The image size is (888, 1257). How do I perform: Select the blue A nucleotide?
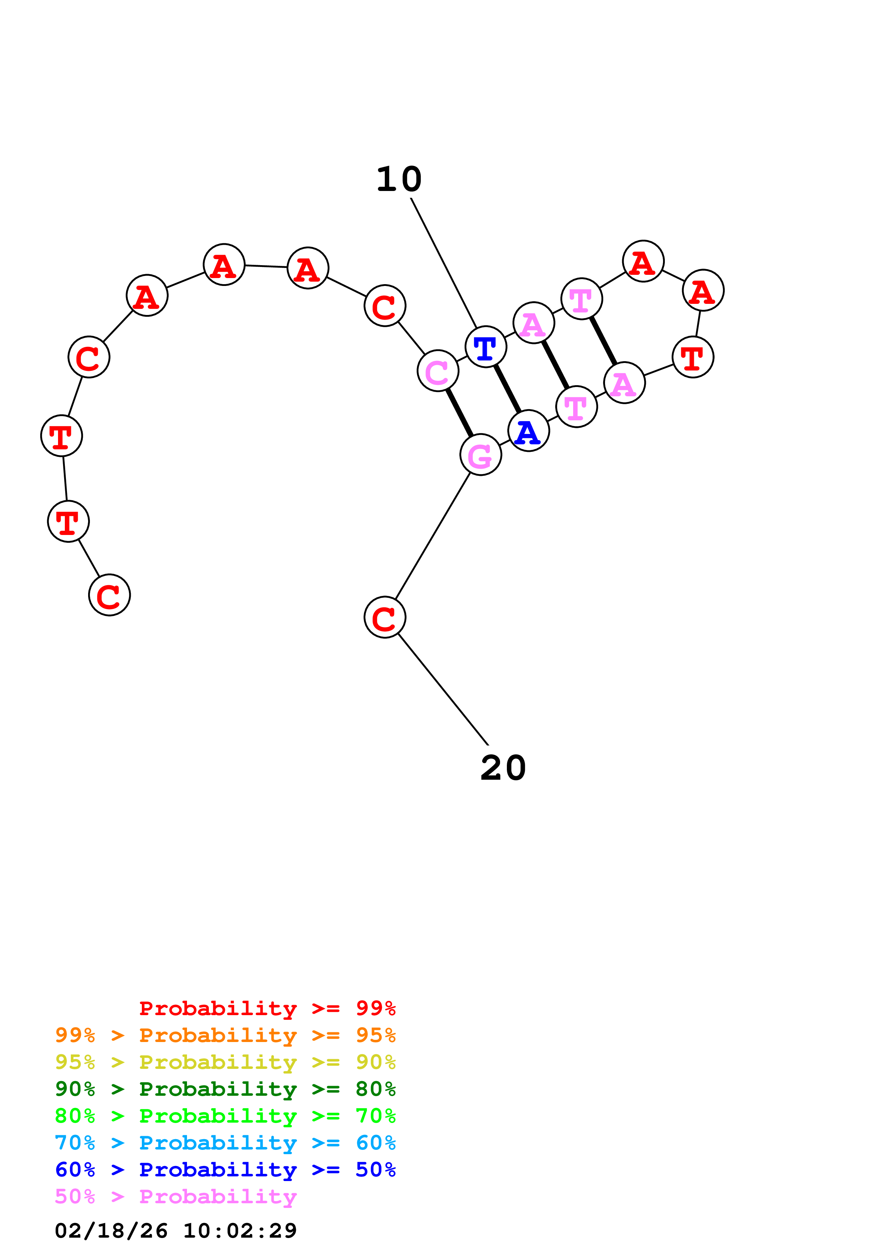click(x=528, y=431)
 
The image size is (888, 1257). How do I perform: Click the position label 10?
click(x=399, y=179)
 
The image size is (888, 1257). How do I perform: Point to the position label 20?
click(x=503, y=767)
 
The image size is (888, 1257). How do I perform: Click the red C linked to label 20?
click(x=385, y=617)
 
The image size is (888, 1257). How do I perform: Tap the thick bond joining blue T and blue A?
click(x=507, y=389)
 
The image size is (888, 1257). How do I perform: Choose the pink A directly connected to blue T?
click(x=533, y=323)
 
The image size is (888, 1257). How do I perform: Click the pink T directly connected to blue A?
click(x=576, y=407)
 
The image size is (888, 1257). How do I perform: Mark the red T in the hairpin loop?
click(x=693, y=357)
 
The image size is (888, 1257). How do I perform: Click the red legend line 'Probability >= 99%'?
click(x=268, y=1008)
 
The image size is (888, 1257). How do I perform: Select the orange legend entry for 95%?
click(x=225, y=1035)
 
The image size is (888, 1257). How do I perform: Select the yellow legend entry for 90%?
click(x=225, y=1062)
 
